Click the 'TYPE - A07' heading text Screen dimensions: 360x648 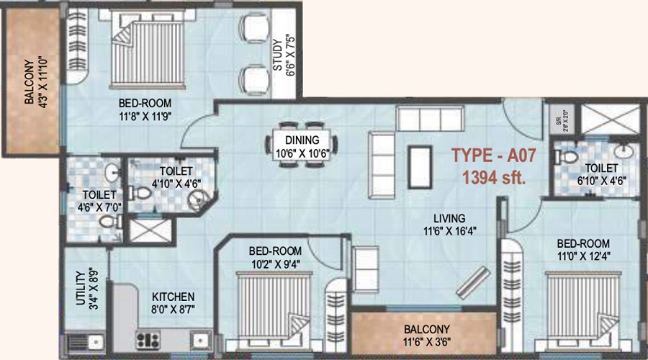pos(488,155)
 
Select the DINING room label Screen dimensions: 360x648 pos(302,140)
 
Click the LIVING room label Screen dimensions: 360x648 pos(450,218)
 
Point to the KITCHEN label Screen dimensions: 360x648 pos(172,297)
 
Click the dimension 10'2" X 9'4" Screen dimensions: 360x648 pos(275,264)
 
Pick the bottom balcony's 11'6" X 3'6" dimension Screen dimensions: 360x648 pos(426,342)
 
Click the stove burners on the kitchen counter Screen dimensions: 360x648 pos(147,339)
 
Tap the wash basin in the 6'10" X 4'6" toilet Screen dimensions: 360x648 pos(624,153)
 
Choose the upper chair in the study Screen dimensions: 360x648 pos(253,29)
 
